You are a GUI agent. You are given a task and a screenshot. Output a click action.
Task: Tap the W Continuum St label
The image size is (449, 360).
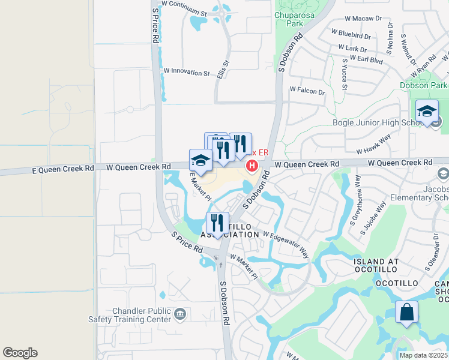[184, 8]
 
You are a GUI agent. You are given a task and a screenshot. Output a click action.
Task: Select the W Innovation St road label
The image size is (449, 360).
[186, 73]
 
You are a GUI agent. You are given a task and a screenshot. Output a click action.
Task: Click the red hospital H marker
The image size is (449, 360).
[253, 166]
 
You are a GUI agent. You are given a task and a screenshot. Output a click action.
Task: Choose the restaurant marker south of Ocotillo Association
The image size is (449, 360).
[218, 223]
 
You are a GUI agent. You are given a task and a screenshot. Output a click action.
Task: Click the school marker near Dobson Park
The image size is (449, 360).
[427, 112]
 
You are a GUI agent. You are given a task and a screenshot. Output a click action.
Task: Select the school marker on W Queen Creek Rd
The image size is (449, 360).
[200, 161]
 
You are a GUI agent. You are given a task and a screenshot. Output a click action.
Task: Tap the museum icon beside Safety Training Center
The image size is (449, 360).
[179, 313]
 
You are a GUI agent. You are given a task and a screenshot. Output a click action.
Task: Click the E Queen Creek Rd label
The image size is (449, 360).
[62, 170]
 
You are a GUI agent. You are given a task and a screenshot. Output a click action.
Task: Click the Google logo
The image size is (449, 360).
[20, 353]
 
